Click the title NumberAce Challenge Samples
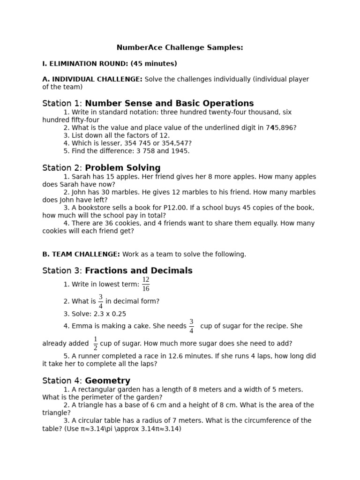click(180, 48)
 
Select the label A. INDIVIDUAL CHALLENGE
click(92, 79)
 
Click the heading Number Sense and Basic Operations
click(169, 104)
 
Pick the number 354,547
click(175, 143)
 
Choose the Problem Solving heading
click(122, 168)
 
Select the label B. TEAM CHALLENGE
click(81, 254)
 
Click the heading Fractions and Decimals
click(138, 271)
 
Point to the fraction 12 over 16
click(146, 284)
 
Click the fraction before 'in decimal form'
click(101, 301)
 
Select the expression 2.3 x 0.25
click(104, 314)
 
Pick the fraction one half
click(96, 343)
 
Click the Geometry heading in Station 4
click(107, 381)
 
